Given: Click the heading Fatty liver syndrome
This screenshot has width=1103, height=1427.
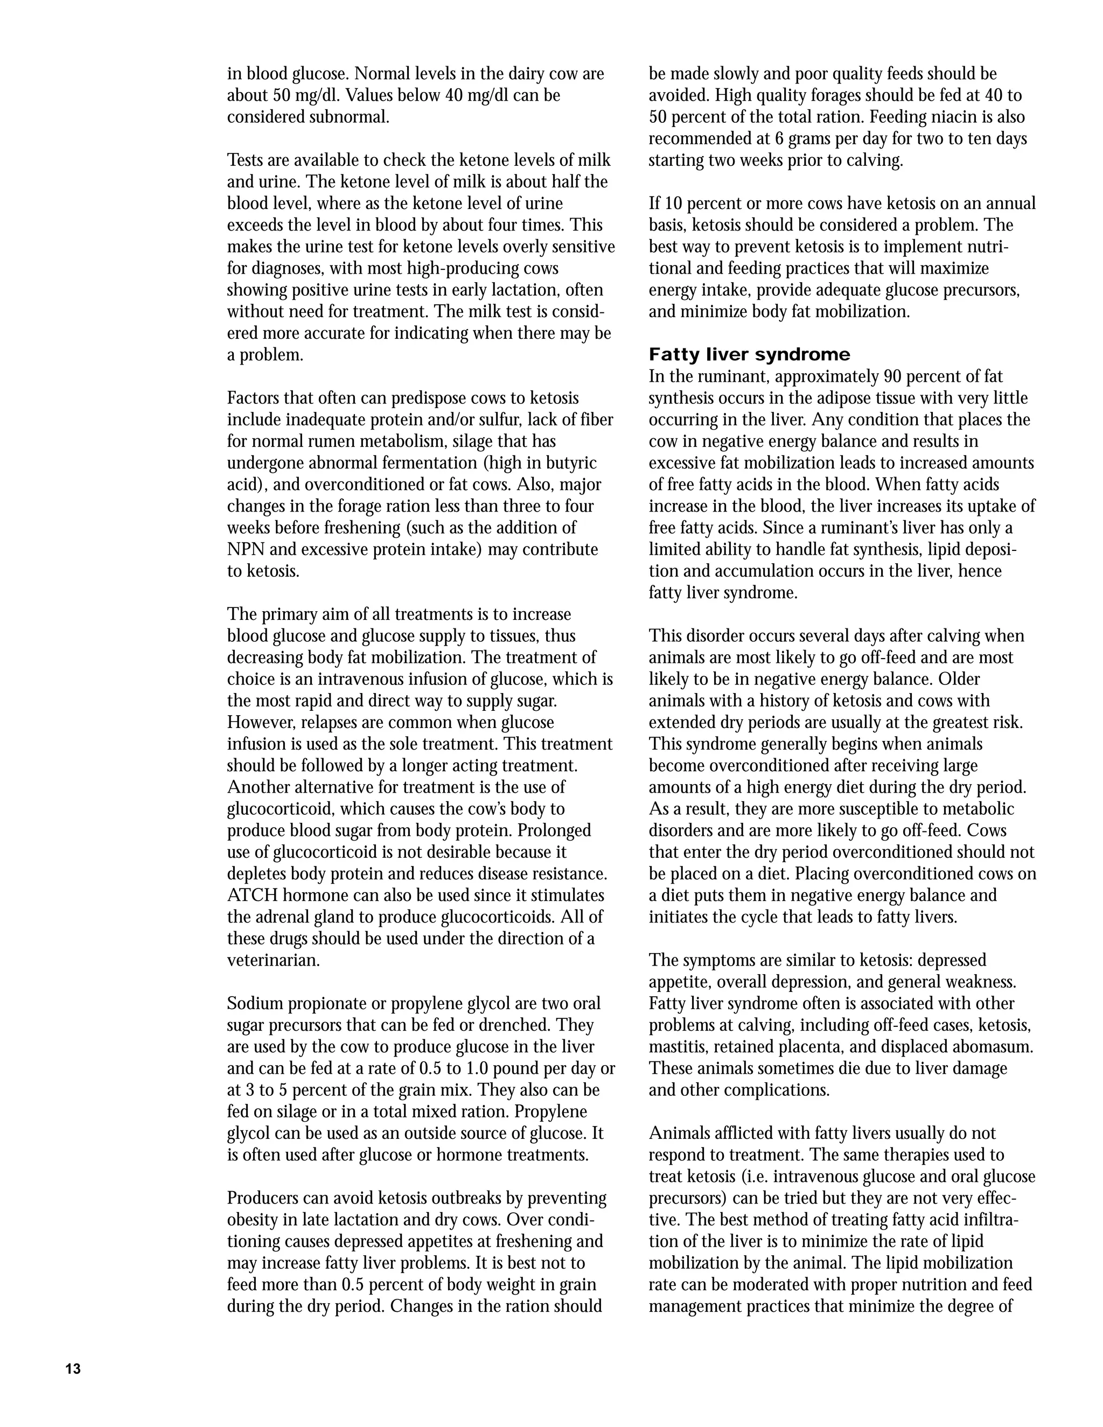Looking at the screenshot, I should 750,355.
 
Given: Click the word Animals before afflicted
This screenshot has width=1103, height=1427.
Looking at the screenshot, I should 678,1134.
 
